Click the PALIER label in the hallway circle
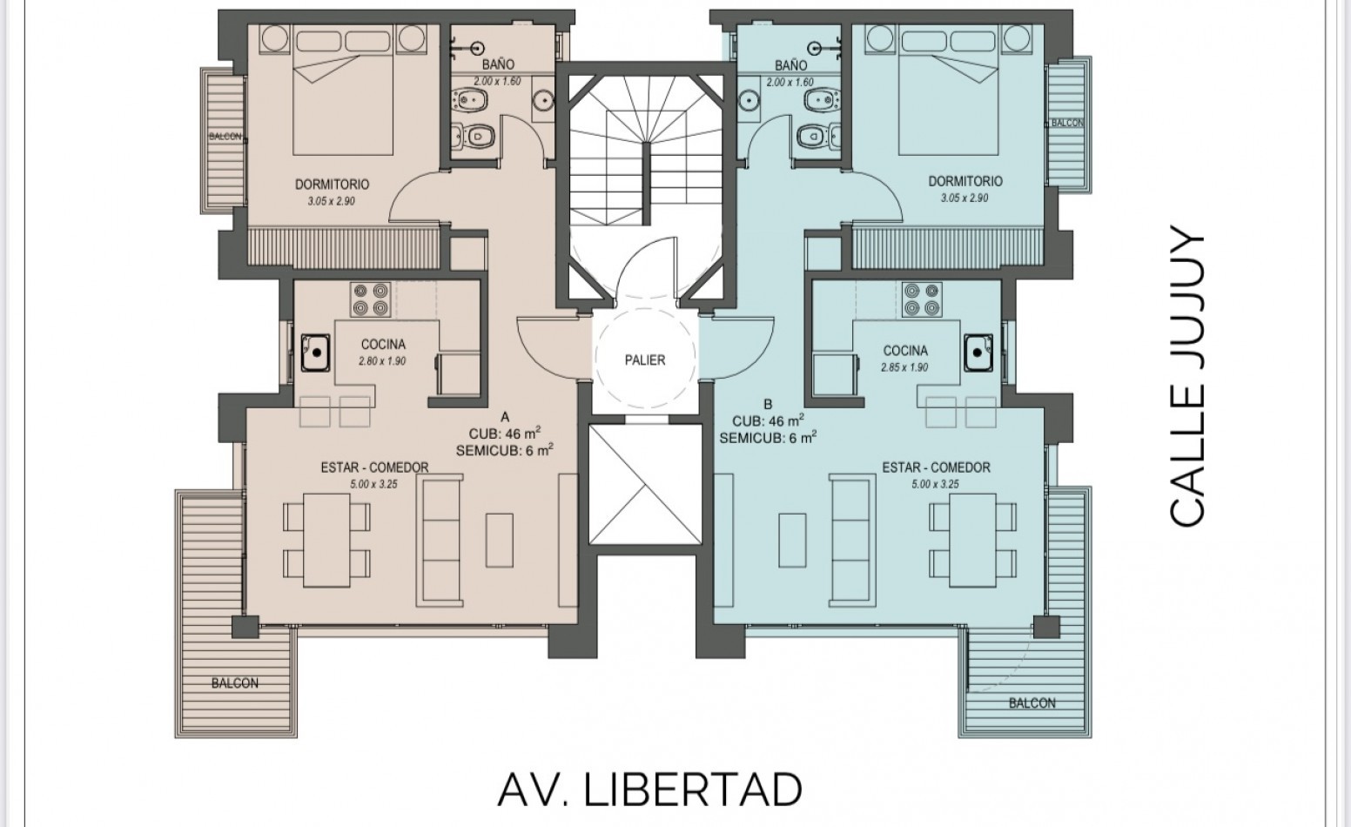(645, 360)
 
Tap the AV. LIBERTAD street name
(649, 790)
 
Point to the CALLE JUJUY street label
(1186, 374)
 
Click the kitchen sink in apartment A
(315, 353)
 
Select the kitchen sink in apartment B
(978, 353)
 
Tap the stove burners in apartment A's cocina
(370, 299)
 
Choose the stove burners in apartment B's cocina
(922, 299)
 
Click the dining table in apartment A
(326, 541)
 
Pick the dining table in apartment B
(972, 541)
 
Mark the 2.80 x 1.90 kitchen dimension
(382, 361)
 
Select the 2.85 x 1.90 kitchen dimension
(904, 367)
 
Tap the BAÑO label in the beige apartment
(498, 64)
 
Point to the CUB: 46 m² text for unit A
(505, 434)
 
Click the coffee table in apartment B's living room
(792, 541)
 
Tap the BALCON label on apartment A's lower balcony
(235, 683)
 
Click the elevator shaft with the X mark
(645, 484)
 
